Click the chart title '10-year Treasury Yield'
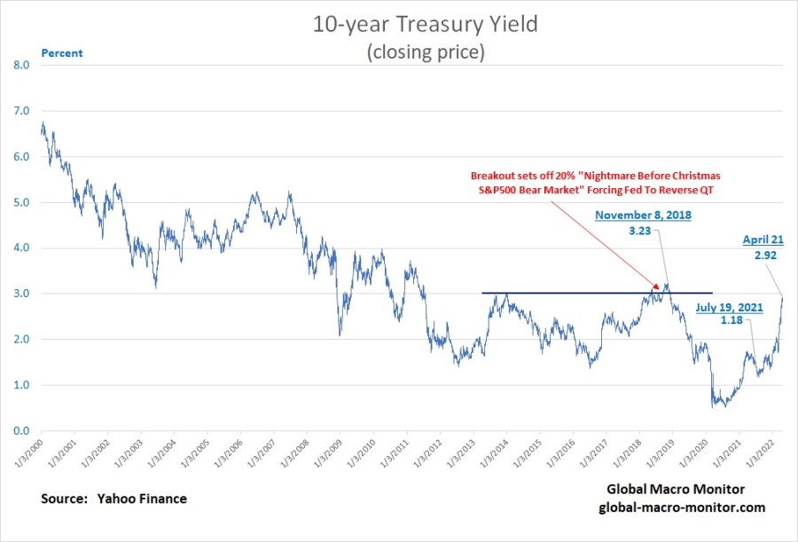tap(425, 25)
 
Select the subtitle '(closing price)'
tap(426, 52)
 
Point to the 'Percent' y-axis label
tap(61, 53)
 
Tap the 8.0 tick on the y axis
tap(21, 66)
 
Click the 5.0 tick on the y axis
tap(21, 202)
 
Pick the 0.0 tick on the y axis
tap(21, 431)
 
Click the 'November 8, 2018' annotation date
tap(644, 215)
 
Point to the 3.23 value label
tap(639, 231)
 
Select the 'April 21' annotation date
tap(763, 240)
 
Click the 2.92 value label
tap(765, 255)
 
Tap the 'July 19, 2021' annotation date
tap(730, 308)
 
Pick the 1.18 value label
tap(731, 320)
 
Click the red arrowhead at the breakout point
tap(655, 286)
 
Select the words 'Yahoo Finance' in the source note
tap(142, 499)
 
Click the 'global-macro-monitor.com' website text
tap(682, 507)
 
